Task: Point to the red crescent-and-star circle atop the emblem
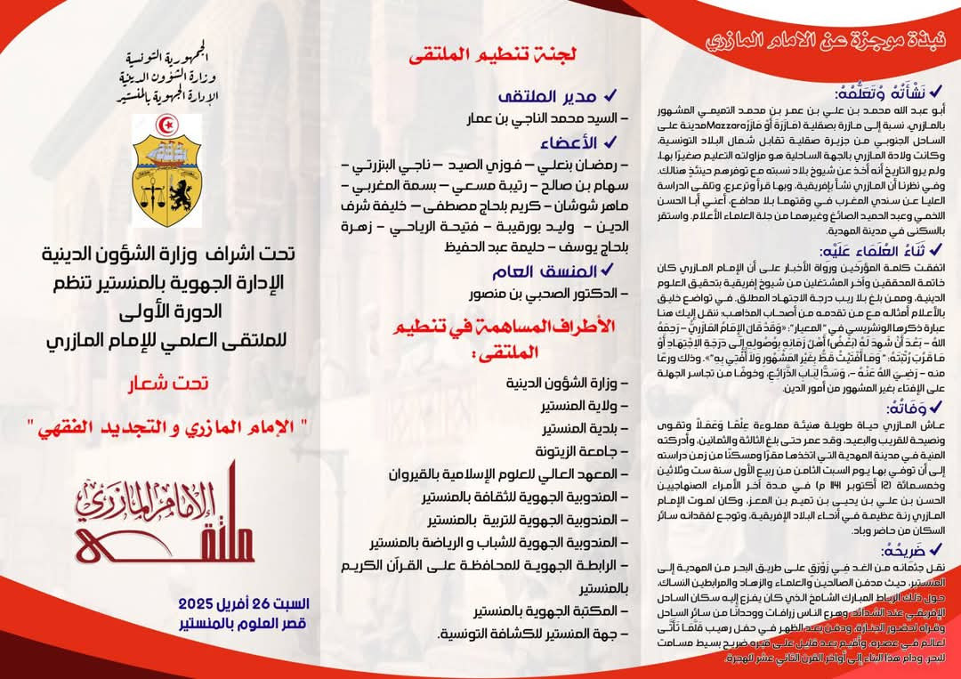(x=166, y=125)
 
